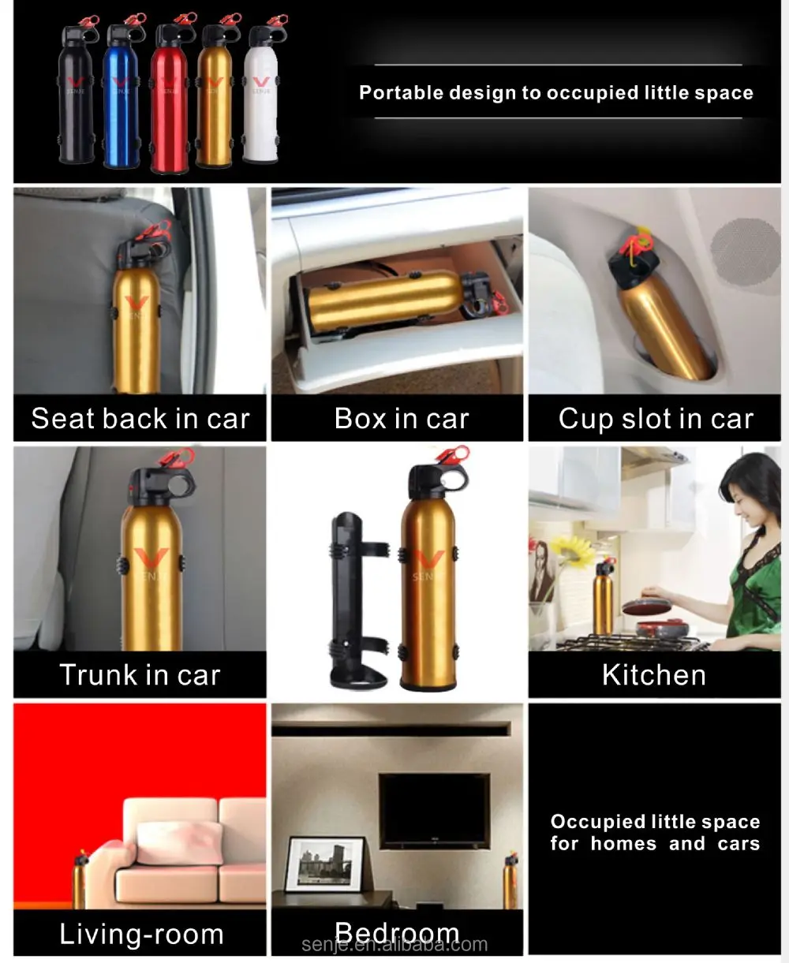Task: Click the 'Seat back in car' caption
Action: pos(140,418)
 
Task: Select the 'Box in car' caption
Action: pos(401,418)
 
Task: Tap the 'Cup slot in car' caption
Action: pos(656,418)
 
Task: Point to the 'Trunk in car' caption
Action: pos(140,675)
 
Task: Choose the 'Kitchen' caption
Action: pos(654,675)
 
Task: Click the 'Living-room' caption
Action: pos(141,935)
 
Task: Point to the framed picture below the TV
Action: pos(324,864)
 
